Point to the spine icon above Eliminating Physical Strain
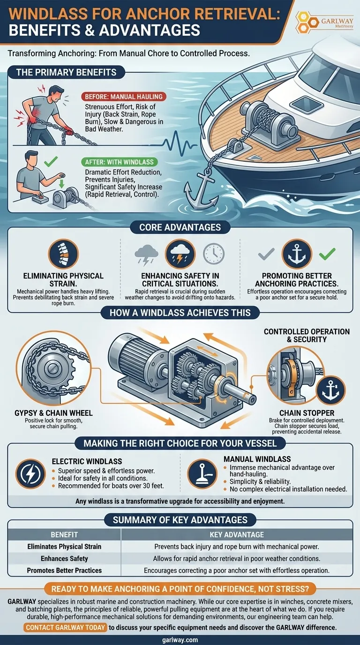pos(64,254)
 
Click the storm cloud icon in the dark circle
pos(180,254)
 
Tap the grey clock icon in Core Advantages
pos(213,254)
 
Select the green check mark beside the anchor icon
pos(327,254)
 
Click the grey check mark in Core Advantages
pos(266,254)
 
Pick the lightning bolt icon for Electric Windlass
pos(30,474)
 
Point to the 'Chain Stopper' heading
pos(305,412)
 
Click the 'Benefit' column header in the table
pos(64,534)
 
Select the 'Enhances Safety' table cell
pos(64,558)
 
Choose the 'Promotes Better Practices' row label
pos(64,570)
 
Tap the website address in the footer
pos(180,639)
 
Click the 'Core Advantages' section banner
pos(180,227)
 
